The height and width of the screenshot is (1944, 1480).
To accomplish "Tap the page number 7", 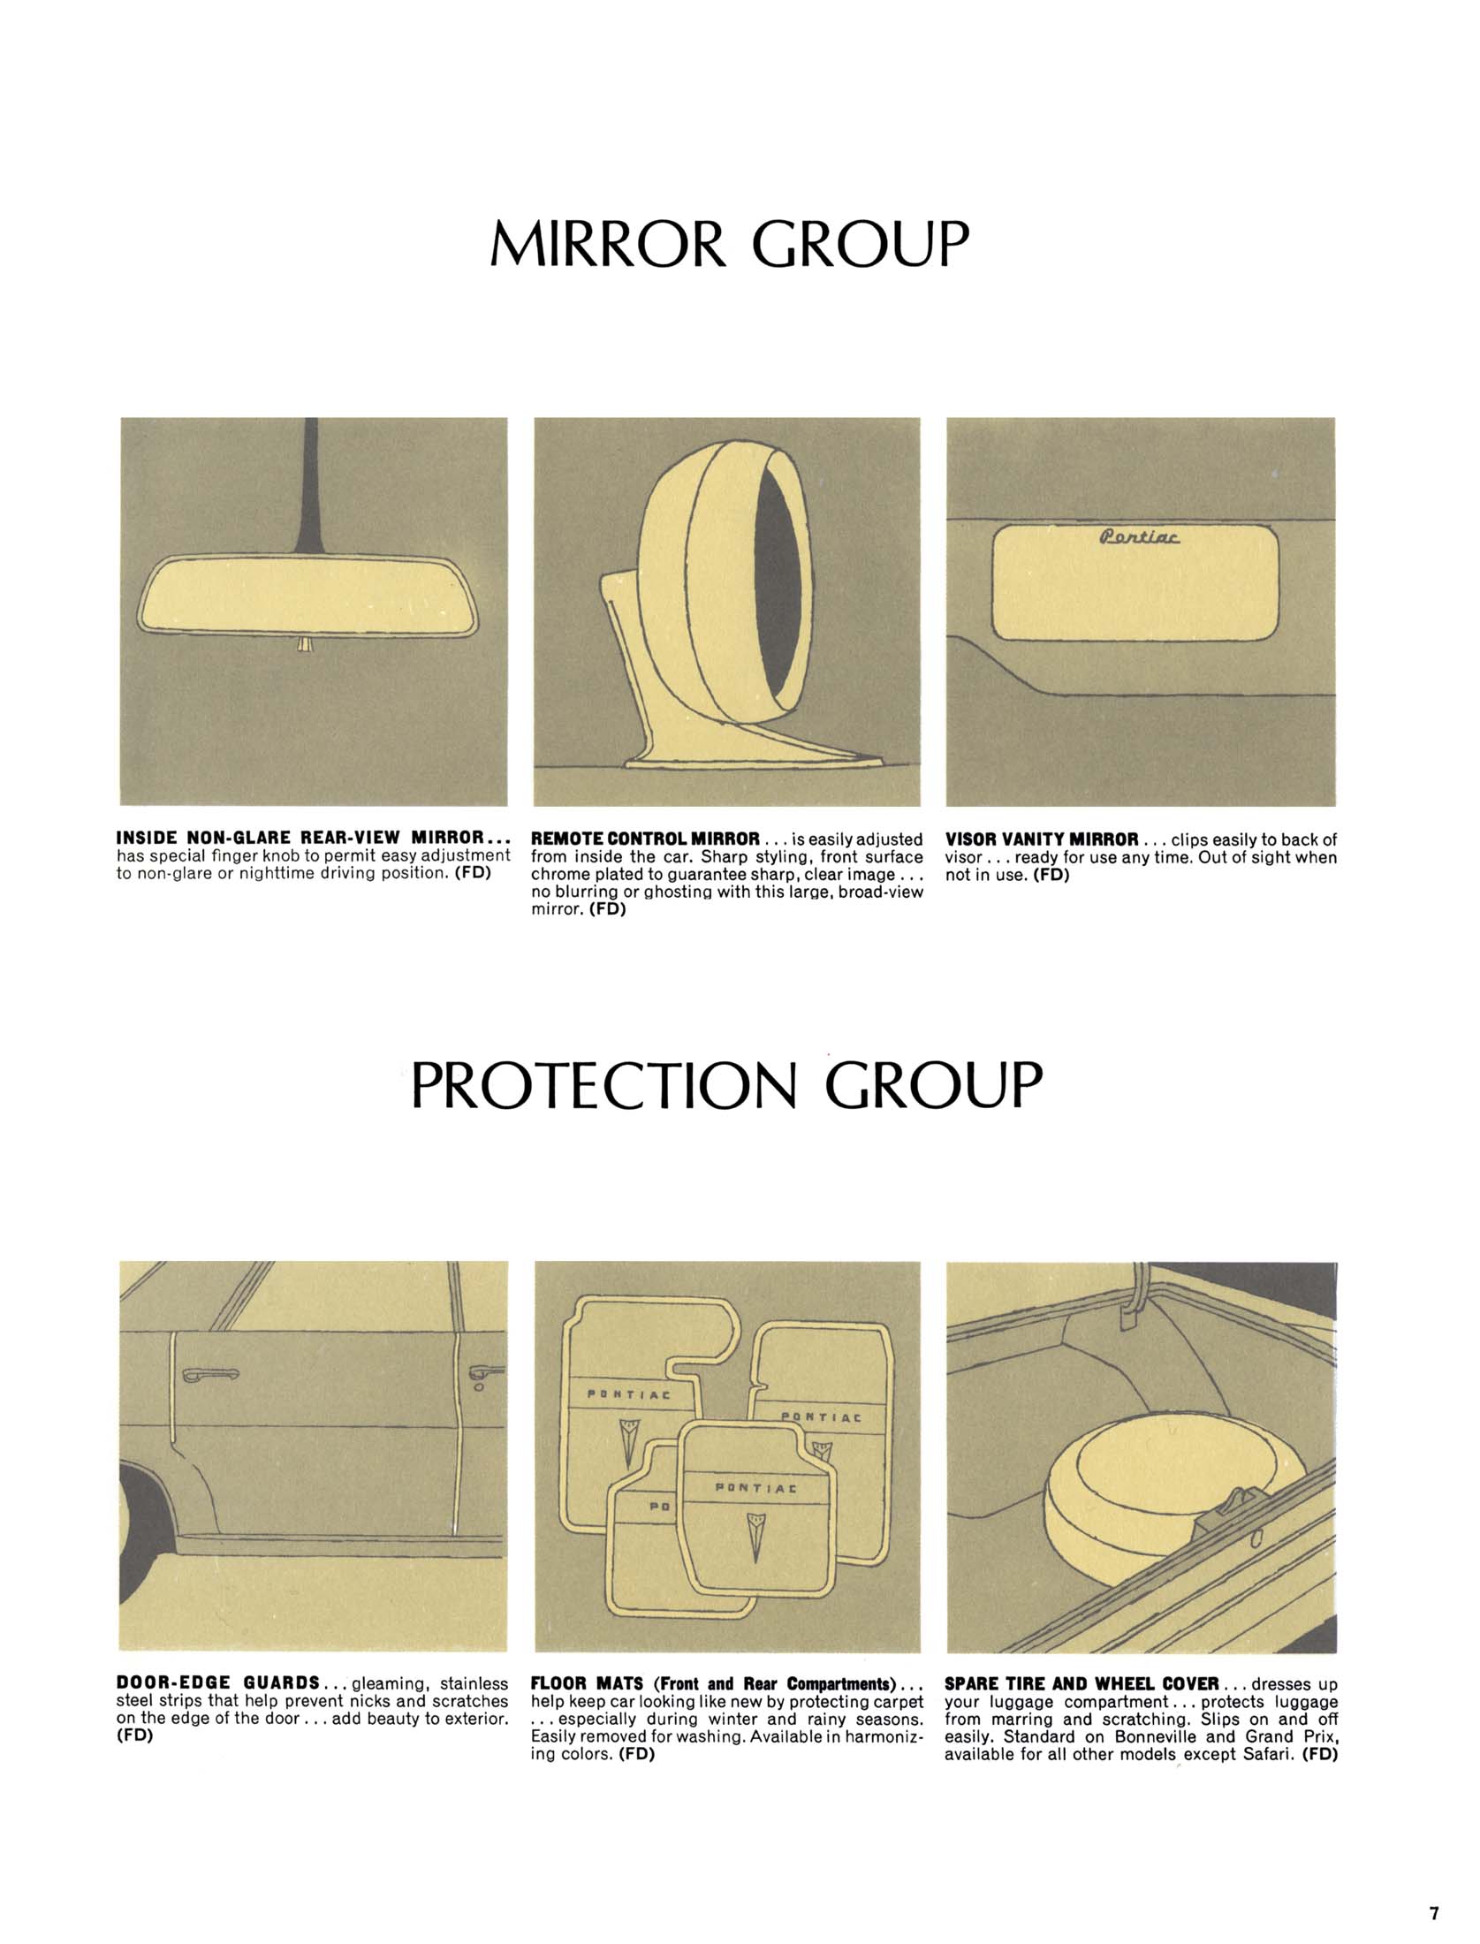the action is (1434, 1907).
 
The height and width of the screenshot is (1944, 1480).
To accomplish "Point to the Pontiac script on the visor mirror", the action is (1141, 537).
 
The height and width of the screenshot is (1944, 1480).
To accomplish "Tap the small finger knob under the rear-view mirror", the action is (305, 644).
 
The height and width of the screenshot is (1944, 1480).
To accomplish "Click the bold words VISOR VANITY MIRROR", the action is (1042, 838).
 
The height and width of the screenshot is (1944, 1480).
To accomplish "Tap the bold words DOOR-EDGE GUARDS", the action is (218, 1683).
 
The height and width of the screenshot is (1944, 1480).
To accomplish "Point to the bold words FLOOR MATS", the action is (586, 1683).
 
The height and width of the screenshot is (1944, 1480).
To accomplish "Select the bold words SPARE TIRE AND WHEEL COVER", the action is (1082, 1683).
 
